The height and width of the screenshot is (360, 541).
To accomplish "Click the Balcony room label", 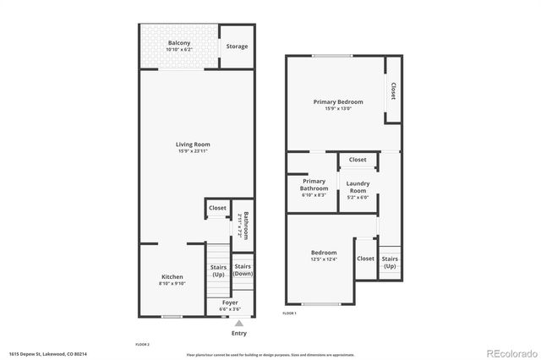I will (x=178, y=43).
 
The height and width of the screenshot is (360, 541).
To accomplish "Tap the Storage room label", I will (x=237, y=46).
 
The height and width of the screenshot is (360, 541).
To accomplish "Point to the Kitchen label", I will (x=172, y=277).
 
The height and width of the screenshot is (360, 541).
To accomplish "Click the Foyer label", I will (x=230, y=303).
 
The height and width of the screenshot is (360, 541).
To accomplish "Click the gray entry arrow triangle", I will (x=238, y=323).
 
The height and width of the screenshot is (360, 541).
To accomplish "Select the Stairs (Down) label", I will (x=243, y=270).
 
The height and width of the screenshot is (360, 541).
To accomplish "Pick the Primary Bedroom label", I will (x=338, y=102).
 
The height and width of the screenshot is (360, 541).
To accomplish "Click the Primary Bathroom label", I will (x=314, y=184).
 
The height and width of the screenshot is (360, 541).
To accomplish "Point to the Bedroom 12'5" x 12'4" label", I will (x=324, y=253).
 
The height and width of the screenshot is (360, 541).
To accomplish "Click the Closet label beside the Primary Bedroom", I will (x=393, y=90).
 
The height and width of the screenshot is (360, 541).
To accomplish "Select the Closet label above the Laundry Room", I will (x=358, y=160).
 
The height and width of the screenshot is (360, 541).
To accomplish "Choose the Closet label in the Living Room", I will (x=217, y=208).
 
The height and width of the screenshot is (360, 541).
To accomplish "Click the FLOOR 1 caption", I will (x=289, y=313).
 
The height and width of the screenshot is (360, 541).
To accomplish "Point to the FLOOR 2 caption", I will (x=142, y=345).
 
